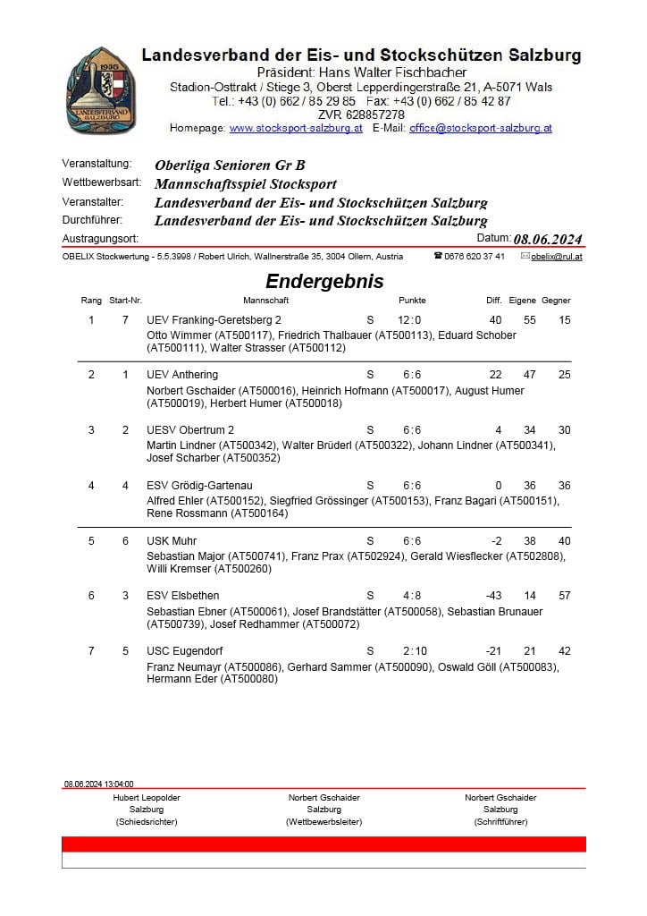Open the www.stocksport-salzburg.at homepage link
pos(296,128)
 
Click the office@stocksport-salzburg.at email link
pos(481,128)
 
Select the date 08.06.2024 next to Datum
pos(548,239)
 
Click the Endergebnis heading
pos(324,281)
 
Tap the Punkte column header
pos(412,301)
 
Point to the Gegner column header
pos(556,301)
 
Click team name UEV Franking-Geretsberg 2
pos(214,319)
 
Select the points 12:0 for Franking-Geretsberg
pos(409,319)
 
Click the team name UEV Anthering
pos(182,374)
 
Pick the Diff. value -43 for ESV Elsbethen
pos(492,595)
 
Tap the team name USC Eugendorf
pos(185,650)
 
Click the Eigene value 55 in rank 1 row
pos(530,319)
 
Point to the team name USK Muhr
pos(172,540)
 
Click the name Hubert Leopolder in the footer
pos(147,797)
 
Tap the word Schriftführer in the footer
pos(500,821)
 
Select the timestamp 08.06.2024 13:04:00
pos(98,784)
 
